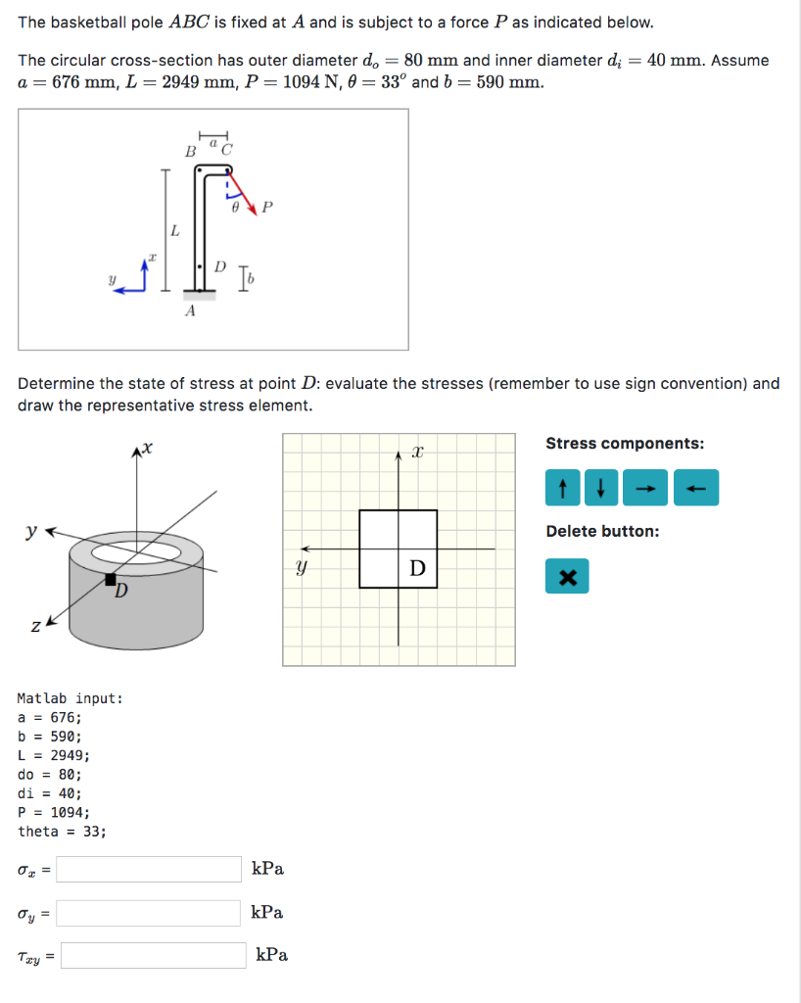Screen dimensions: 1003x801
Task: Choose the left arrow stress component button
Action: point(696,488)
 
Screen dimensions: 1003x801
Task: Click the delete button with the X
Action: point(567,577)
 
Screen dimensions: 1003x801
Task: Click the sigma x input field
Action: point(150,869)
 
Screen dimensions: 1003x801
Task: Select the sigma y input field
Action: point(150,913)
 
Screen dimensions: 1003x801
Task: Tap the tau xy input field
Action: point(154,955)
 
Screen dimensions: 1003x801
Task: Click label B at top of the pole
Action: point(191,151)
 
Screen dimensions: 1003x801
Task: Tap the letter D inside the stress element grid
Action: point(417,568)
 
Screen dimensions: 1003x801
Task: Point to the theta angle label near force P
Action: point(235,208)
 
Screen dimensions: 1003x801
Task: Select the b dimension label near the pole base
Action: point(249,281)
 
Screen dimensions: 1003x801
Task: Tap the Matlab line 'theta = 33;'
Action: point(62,832)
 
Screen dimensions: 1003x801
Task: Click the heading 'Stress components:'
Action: point(625,444)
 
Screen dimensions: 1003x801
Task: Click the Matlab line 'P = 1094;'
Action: point(54,813)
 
